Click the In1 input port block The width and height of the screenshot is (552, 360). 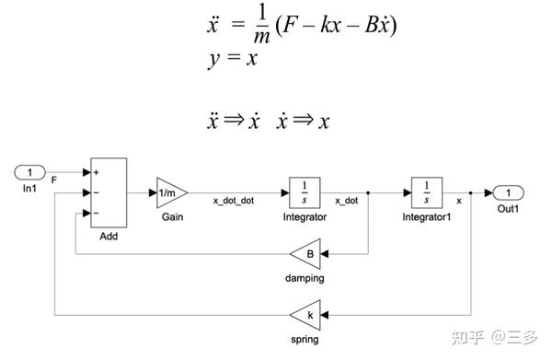(30, 172)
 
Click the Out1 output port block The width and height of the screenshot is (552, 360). (508, 192)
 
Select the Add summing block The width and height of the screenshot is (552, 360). (109, 192)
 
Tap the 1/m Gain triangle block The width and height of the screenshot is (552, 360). (170, 192)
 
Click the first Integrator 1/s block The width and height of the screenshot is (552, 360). (304, 192)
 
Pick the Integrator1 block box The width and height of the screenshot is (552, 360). (426, 192)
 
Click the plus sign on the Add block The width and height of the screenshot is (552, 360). (97, 172)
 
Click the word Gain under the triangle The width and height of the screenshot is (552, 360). (172, 216)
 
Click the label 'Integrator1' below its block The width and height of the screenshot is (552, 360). (426, 217)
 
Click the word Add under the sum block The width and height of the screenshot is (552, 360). (109, 236)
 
